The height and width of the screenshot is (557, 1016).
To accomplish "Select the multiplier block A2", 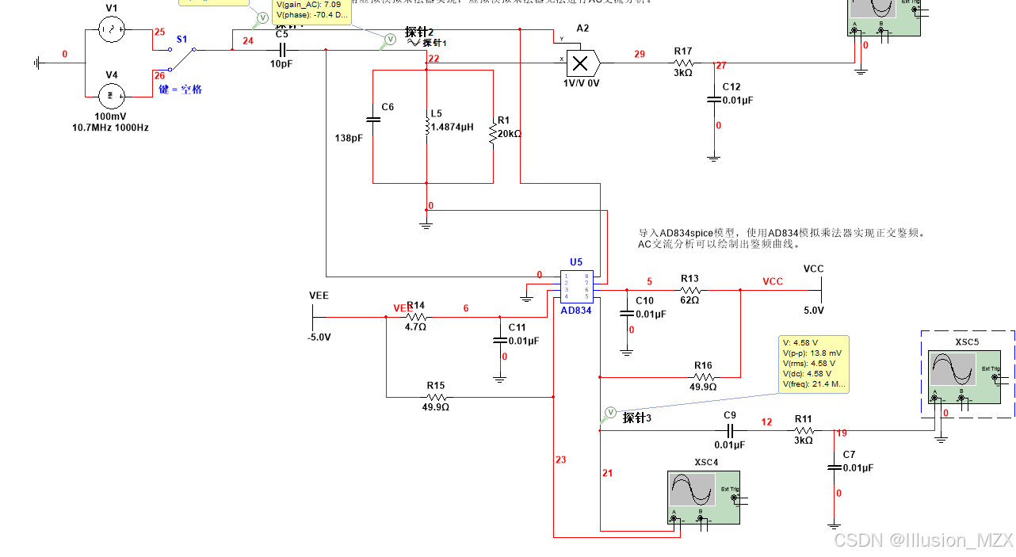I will (581, 62).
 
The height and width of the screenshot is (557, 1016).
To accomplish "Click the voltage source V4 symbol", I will (112, 97).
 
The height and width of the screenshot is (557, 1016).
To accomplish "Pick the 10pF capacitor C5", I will (281, 49).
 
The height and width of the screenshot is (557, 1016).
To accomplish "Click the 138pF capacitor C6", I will (373, 120).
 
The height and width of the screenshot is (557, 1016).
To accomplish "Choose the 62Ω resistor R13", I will (689, 290).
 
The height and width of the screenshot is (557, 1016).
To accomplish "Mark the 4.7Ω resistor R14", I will (415, 317).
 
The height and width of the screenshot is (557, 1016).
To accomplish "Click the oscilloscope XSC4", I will (705, 497).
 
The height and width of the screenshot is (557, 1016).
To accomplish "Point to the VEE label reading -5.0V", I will (318, 337).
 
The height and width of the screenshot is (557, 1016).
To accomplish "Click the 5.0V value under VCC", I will (814, 310).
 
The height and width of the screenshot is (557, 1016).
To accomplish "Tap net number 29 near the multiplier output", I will (640, 55).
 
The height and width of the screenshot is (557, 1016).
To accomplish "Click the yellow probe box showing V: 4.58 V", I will (813, 363).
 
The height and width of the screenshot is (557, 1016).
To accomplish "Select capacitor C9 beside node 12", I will (731, 431).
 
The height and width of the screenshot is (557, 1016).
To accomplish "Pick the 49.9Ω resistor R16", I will (703, 376).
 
